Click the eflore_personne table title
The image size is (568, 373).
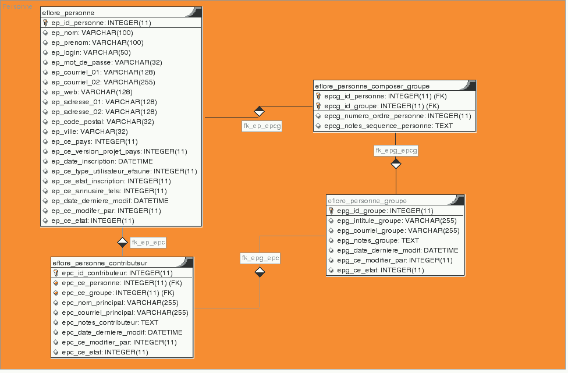69,12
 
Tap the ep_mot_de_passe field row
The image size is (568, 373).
106,62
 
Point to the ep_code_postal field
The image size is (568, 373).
102,122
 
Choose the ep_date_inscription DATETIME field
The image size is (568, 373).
102,161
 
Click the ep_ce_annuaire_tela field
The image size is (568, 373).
109,191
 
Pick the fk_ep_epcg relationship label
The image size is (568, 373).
262,126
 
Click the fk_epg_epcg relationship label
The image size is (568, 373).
396,151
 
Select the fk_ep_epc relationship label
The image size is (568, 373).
148,242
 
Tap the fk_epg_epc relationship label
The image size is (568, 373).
260,257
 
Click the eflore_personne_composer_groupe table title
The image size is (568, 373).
372,86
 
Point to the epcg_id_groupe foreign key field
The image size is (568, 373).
381,106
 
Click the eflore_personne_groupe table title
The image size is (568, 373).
367,201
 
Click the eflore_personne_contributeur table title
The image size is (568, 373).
100,262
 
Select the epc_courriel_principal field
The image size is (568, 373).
125,312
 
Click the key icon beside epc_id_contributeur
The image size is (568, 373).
56,273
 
